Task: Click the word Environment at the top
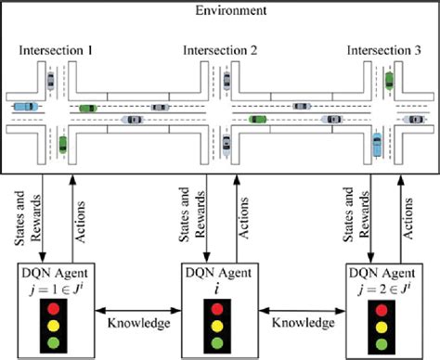point(221,11)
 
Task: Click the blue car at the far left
point(24,106)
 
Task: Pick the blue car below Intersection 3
point(377,145)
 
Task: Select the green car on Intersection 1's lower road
point(61,144)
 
